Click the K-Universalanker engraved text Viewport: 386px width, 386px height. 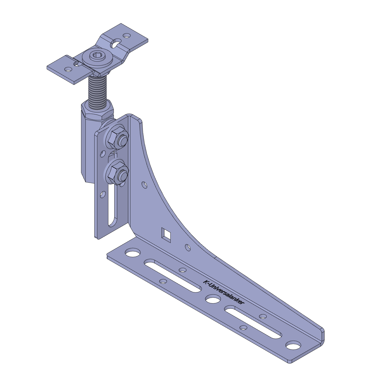(224, 292)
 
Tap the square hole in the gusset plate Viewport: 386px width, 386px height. (166, 235)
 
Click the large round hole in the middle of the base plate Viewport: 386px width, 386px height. (213, 299)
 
